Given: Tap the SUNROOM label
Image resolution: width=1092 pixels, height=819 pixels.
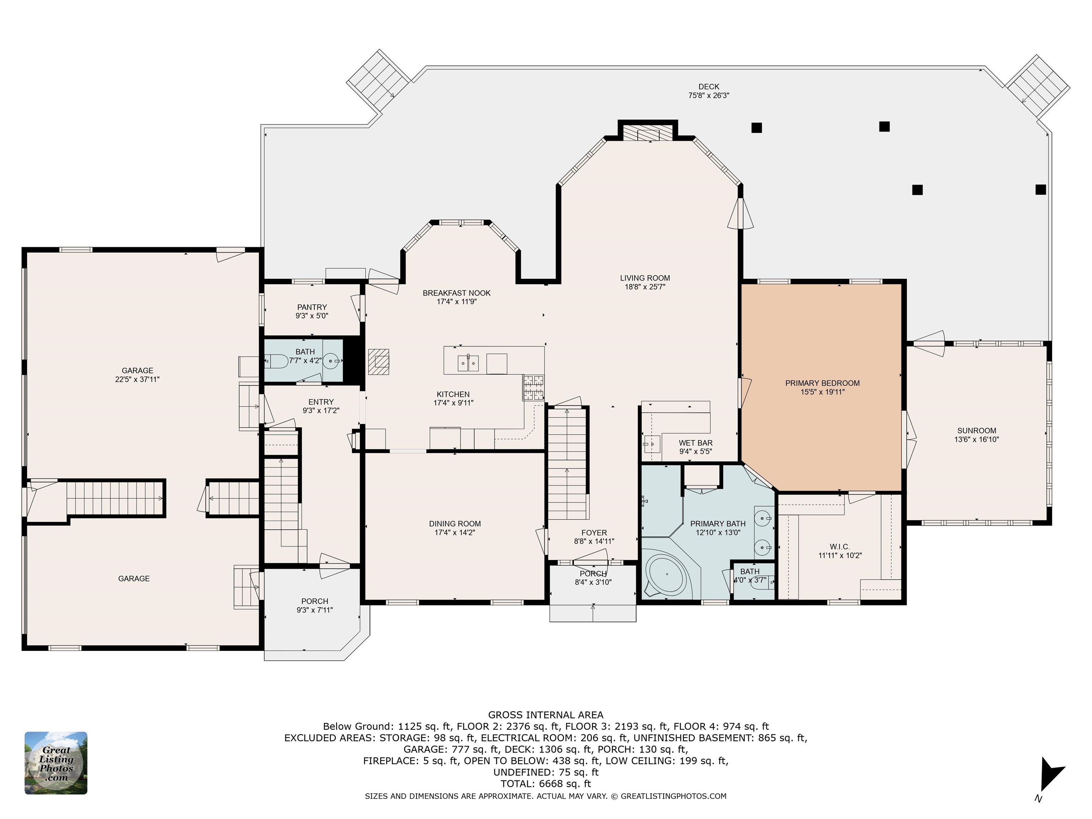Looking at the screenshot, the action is (x=976, y=430).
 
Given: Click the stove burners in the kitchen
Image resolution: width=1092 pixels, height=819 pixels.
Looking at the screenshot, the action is (x=534, y=387).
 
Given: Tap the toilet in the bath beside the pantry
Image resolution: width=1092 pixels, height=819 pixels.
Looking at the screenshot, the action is (x=277, y=362).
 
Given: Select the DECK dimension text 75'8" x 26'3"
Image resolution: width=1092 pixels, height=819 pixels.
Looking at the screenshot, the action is (x=709, y=96).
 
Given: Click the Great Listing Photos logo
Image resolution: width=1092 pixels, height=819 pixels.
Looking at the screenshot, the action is (x=56, y=763).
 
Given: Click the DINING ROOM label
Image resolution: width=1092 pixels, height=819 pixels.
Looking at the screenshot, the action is (x=455, y=524).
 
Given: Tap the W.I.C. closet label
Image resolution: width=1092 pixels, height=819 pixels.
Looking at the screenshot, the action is (x=840, y=546).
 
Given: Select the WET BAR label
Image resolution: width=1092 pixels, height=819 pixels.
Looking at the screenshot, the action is (x=696, y=443).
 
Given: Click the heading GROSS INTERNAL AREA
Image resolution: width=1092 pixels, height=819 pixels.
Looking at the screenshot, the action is (x=546, y=715).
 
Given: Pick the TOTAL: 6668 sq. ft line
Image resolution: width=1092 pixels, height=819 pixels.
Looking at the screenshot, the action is (x=546, y=783).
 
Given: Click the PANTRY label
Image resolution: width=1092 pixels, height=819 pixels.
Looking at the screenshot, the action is (x=312, y=307).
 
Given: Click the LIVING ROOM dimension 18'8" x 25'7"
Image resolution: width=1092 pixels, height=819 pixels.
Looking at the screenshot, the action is (x=645, y=287).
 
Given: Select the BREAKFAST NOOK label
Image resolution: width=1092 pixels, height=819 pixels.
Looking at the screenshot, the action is (x=457, y=293).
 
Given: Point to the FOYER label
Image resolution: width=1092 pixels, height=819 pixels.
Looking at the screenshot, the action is (x=594, y=533).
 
